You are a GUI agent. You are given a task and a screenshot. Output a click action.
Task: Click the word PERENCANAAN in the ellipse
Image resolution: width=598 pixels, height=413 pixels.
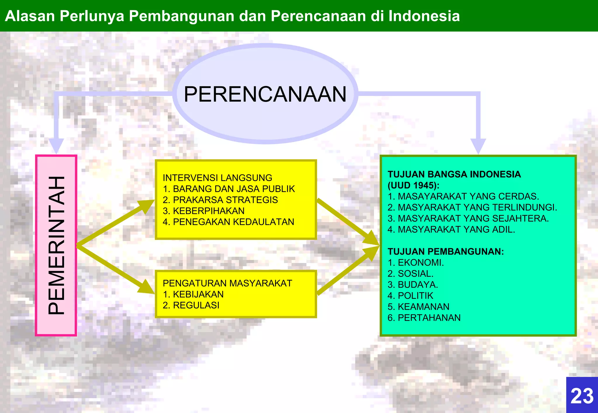pos(265,94)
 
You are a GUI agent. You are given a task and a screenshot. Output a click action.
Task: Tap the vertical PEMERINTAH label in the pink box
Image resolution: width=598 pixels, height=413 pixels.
pos(56,245)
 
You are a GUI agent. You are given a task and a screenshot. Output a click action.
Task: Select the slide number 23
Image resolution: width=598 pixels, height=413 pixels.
pos(582,396)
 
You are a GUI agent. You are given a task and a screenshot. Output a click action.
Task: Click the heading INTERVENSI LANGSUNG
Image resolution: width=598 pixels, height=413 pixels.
pos(217,178)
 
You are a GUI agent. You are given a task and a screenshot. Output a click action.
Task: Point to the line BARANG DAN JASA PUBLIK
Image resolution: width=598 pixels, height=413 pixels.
pos(229,189)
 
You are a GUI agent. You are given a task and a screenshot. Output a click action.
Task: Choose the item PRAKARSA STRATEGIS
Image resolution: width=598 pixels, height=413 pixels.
pos(220,200)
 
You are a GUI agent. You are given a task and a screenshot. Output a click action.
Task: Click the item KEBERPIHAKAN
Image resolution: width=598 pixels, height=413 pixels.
pos(204,211)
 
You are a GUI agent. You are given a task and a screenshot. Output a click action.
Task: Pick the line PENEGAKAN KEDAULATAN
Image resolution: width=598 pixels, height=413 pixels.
pos(228,222)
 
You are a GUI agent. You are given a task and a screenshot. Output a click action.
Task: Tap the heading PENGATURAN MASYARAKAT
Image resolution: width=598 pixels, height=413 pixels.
pos(227,283)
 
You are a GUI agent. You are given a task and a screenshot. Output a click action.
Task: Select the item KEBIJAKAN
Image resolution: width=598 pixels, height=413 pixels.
pos(193,294)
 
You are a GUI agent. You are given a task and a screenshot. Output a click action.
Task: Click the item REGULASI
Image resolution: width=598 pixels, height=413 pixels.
pos(191,305)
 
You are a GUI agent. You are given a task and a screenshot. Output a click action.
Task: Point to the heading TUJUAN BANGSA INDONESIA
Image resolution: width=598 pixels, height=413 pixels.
pos(454,174)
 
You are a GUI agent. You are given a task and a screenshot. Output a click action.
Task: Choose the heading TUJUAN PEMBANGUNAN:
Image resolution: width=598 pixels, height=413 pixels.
pos(446,251)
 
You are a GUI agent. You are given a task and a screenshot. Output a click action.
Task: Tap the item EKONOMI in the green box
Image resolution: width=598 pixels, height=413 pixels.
pos(416,262)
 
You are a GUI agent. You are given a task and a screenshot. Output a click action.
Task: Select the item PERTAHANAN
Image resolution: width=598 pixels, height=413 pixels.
pos(424,317)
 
